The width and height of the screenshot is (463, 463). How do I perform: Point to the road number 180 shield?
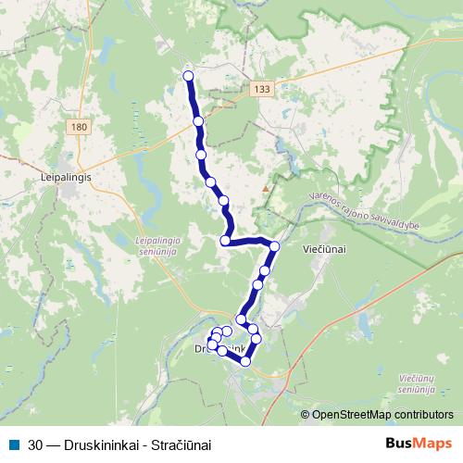79,126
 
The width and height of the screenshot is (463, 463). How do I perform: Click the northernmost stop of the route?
188,76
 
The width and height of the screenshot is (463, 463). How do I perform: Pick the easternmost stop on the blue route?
274,245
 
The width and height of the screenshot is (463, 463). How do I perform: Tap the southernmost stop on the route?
245,361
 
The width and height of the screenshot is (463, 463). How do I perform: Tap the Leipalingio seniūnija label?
137,245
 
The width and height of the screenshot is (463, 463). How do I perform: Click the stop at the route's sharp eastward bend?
225,241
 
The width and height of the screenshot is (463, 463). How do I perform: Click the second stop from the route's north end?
197,121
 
